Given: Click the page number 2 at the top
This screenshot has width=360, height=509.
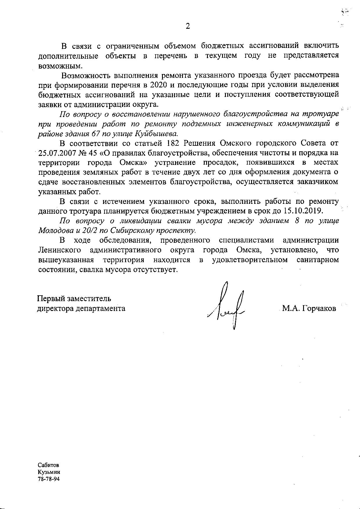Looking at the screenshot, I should (188, 26).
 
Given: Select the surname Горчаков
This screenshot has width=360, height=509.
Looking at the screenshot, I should (319, 308).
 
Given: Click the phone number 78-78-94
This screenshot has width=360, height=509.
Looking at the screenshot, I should (48, 479).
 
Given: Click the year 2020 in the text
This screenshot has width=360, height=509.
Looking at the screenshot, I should (159, 85).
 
